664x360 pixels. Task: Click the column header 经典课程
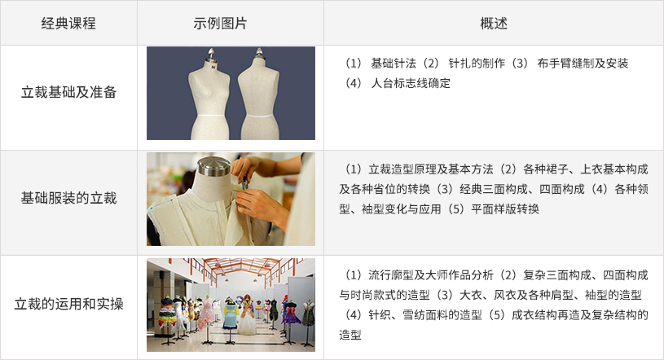pyautogui.click(x=68, y=23)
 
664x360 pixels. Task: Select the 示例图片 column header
pyautogui.click(x=231, y=23)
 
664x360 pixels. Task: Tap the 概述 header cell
pyautogui.click(x=494, y=23)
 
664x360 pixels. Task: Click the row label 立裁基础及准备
pyautogui.click(x=68, y=93)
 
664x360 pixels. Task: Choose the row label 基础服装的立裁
pyautogui.click(x=68, y=198)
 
